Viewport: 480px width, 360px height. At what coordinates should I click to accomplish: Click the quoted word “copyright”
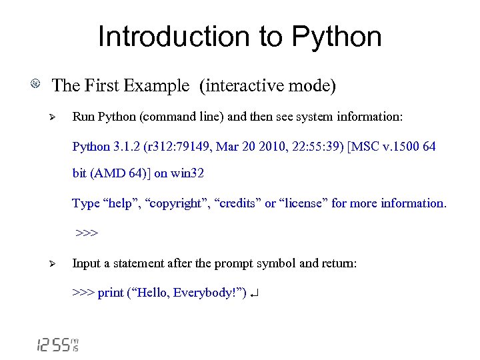point(175,203)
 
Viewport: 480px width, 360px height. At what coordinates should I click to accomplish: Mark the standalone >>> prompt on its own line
point(87,233)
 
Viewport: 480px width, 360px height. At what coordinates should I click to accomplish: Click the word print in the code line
point(111,293)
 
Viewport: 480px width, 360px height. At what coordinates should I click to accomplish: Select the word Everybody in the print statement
point(199,293)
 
